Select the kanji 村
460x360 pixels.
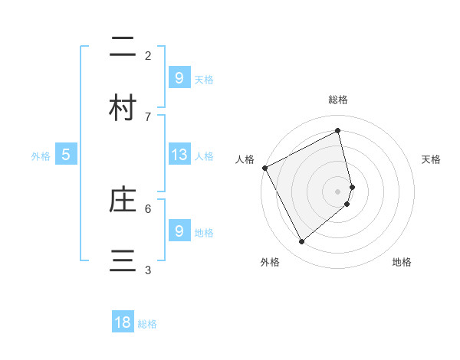[123, 108]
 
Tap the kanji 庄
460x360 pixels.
[123, 201]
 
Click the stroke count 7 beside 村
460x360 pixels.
[148, 116]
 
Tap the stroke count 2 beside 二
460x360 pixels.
[148, 55]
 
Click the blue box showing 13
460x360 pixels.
[179, 155]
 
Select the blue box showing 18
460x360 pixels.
[123, 322]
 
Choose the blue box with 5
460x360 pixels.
[66, 155]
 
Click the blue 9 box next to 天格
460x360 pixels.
[179, 78]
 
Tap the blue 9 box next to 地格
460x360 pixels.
[179, 231]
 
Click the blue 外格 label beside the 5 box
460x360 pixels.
[41, 155]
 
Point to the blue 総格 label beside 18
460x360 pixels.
[147, 324]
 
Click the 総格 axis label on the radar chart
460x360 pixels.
[338, 100]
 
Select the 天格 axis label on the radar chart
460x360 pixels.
[432, 159]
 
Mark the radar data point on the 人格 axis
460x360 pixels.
[264, 168]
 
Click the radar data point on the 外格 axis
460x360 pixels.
[301, 242]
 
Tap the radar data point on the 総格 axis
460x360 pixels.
[338, 131]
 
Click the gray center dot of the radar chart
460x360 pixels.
[338, 191]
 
